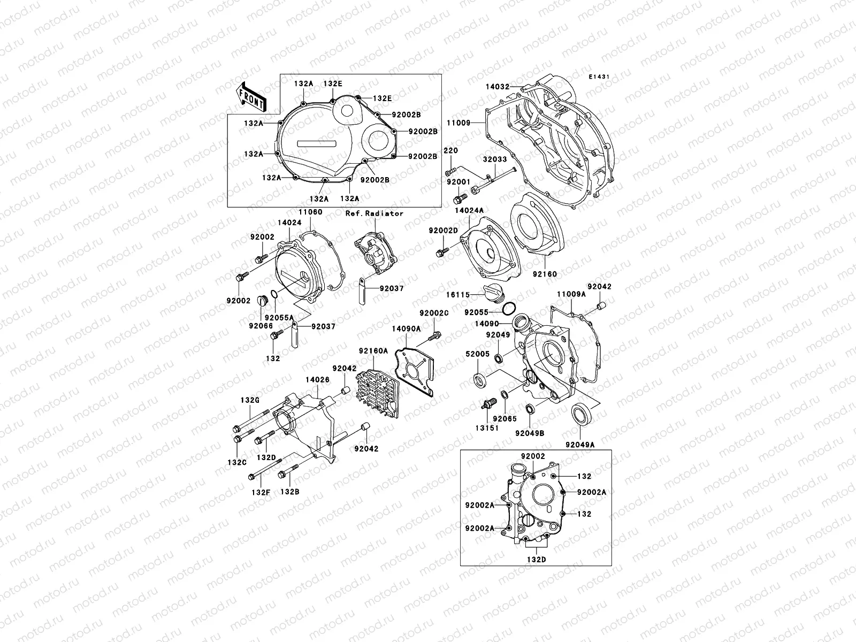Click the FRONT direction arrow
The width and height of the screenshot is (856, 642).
[x=253, y=95]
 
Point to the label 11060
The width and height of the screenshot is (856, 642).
[x=310, y=212]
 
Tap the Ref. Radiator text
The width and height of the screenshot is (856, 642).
[x=374, y=213]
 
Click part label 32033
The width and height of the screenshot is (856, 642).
[x=495, y=159]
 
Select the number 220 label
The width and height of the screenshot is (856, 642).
[x=451, y=150]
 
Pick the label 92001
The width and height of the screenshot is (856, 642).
[x=458, y=182]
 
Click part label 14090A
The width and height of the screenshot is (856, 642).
[x=406, y=329]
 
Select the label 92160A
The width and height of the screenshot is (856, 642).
[x=373, y=351]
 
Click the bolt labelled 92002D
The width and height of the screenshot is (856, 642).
[x=442, y=251]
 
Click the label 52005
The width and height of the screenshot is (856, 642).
[x=476, y=354]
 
